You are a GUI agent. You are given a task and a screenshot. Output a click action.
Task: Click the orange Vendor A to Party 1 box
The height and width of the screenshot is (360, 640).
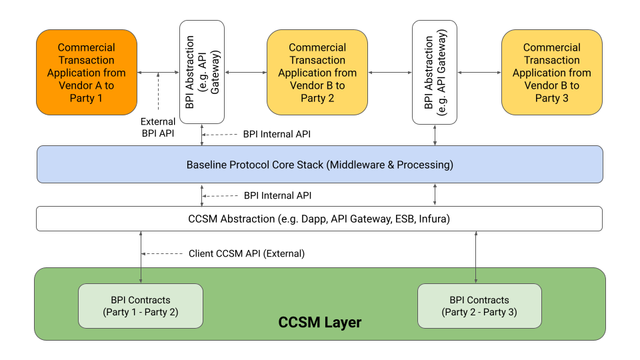(87, 73)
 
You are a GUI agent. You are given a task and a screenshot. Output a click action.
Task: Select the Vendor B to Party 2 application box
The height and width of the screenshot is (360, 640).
(317, 73)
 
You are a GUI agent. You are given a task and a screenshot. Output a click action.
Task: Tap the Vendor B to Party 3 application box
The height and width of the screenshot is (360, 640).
(551, 73)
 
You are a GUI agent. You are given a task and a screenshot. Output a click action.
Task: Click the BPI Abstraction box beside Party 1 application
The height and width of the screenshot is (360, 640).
(201, 71)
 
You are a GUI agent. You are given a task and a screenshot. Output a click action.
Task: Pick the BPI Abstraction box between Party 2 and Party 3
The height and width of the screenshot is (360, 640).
(435, 72)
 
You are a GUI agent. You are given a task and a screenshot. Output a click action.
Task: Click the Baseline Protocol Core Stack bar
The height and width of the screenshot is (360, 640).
(319, 165)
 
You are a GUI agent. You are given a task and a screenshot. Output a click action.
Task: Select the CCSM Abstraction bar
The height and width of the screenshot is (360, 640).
(319, 219)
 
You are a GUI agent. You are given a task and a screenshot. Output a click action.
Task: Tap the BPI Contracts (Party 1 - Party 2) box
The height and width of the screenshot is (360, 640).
(140, 306)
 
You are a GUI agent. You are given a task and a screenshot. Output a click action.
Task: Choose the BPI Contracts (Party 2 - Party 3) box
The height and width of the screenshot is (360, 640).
(479, 306)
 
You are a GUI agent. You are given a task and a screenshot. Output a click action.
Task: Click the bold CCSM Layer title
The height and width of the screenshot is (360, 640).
(319, 323)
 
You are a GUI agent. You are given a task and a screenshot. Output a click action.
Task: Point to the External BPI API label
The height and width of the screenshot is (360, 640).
(158, 127)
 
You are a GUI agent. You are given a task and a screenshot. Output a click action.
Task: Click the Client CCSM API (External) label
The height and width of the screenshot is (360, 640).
(246, 253)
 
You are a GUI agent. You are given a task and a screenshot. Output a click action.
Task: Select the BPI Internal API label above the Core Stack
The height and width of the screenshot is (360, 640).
(277, 134)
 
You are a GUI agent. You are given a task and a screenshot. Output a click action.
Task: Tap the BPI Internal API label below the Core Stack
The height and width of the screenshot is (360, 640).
(277, 196)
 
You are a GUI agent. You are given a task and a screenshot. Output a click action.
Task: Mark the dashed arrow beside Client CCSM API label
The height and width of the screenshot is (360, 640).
(163, 254)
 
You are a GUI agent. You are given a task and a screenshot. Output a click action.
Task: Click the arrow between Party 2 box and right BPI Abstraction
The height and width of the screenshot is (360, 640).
(390, 72)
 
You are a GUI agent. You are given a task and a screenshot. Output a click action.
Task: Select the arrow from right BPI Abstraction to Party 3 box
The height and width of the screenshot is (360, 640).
(479, 72)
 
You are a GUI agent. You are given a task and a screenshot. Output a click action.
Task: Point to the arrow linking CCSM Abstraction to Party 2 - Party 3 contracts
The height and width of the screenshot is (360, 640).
(476, 257)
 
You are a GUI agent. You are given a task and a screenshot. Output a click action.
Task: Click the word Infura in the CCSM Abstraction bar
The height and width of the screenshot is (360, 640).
(433, 219)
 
